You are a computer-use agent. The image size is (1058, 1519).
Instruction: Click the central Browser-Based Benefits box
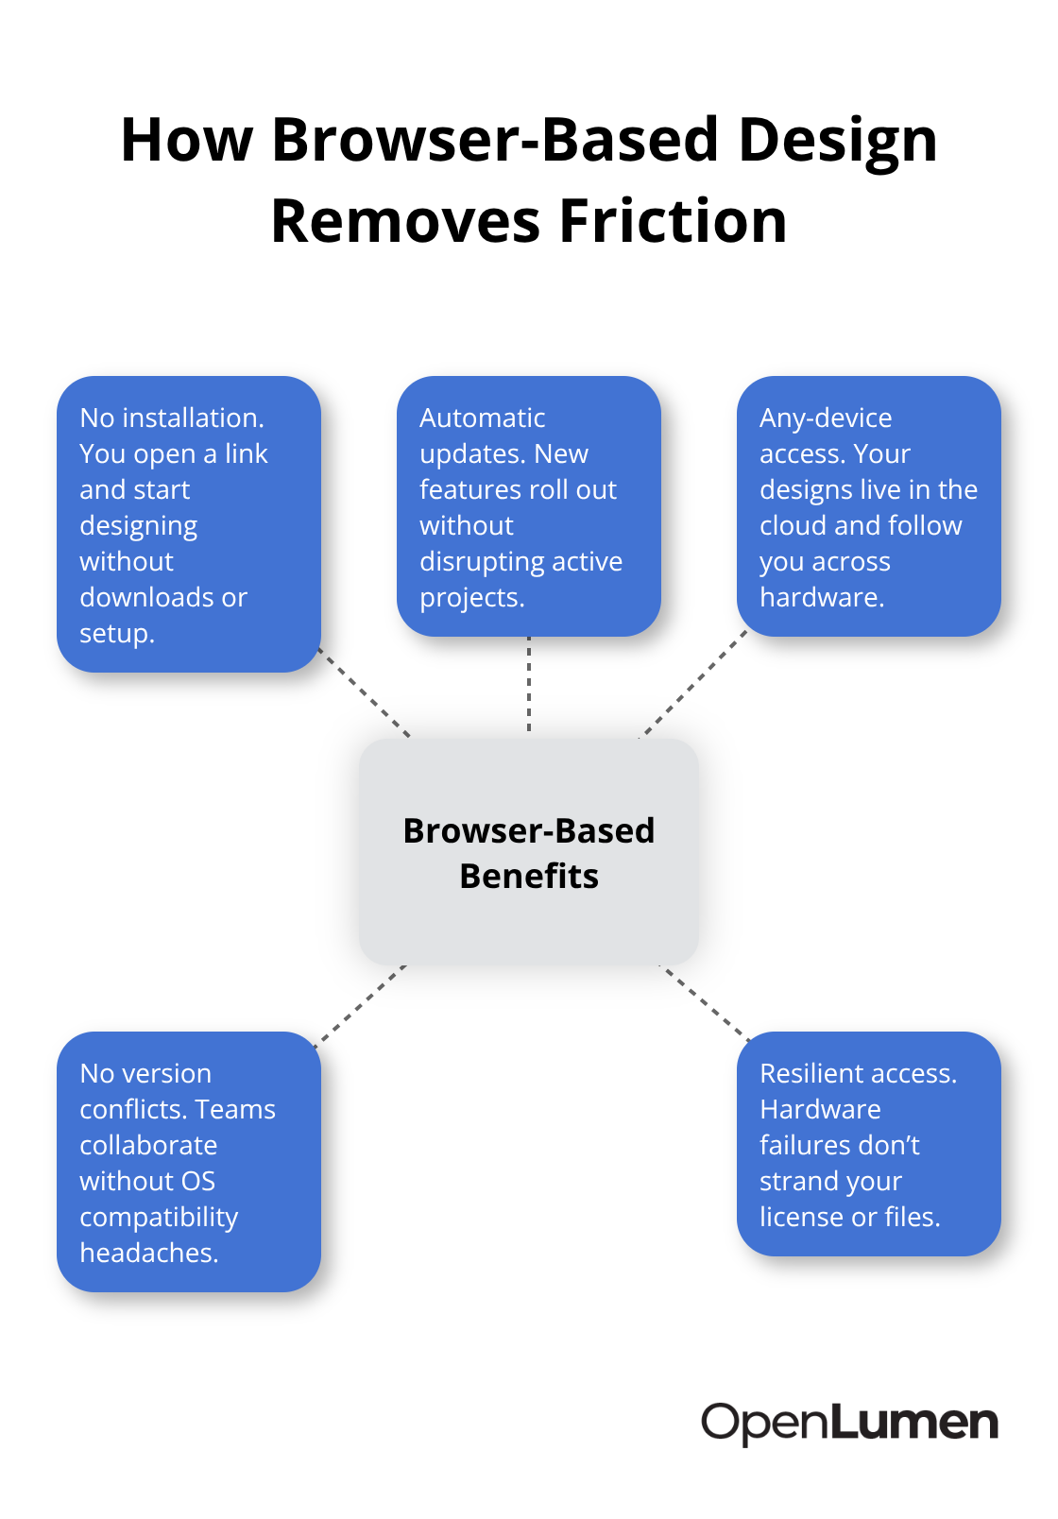pyautogui.click(x=529, y=852)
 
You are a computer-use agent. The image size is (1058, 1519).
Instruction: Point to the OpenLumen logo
pyautogui.click(x=849, y=1423)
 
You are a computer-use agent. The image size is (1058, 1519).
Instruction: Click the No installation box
pyautogui.click(x=189, y=524)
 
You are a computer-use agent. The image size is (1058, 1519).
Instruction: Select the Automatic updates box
pyautogui.click(x=529, y=506)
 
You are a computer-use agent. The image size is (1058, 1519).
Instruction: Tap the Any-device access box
pyautogui.click(x=869, y=506)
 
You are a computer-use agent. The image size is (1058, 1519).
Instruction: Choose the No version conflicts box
pyautogui.click(x=189, y=1162)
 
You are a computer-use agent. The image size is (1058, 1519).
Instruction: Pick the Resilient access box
pyautogui.click(x=869, y=1144)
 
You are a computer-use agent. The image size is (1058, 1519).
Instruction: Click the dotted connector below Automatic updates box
pyautogui.click(x=529, y=684)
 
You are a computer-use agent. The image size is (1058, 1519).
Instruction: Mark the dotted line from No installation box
pyautogui.click(x=365, y=692)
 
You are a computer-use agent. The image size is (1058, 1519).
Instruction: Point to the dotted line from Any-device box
pyautogui.click(x=693, y=684)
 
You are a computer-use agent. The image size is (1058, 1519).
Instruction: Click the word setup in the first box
pyautogui.click(x=117, y=634)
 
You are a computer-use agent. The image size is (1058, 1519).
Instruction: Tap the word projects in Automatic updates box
pyautogui.click(x=472, y=598)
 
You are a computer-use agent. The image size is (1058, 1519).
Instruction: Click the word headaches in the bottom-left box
pyautogui.click(x=149, y=1254)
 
